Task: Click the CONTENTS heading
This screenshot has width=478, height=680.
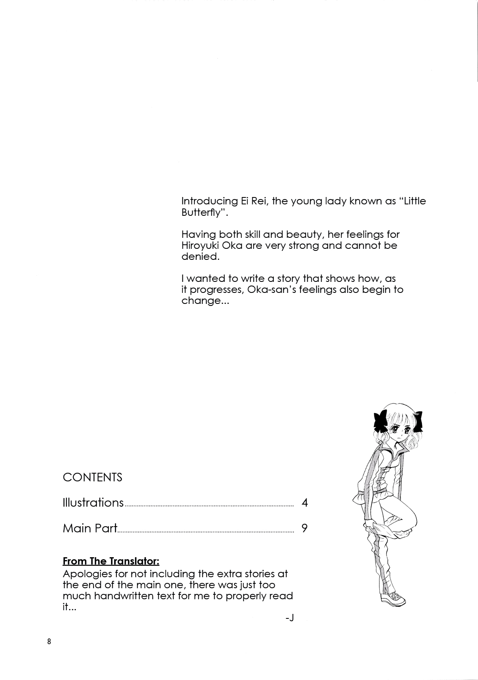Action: click(x=92, y=477)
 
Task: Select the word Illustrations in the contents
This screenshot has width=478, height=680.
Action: click(x=93, y=502)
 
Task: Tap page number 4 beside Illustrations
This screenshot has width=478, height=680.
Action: click(x=305, y=503)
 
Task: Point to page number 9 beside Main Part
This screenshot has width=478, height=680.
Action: click(x=305, y=528)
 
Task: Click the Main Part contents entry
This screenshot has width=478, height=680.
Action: click(x=90, y=528)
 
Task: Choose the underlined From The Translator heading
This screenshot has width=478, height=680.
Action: click(x=111, y=561)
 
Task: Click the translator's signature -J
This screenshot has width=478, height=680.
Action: click(x=290, y=618)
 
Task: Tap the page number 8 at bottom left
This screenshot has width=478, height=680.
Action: click(x=49, y=642)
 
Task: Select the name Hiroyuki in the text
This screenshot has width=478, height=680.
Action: click(x=200, y=246)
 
